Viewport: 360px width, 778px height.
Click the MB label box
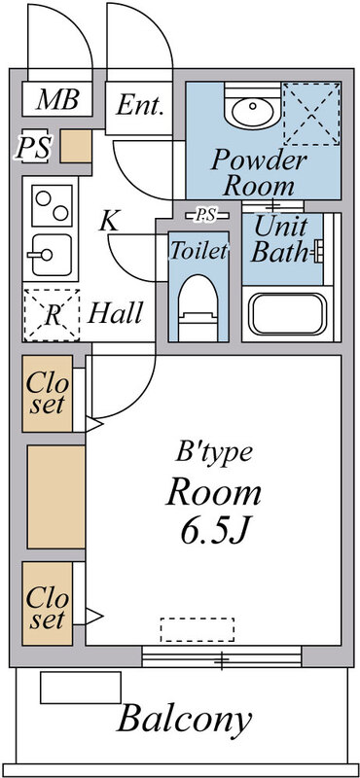(x=57, y=99)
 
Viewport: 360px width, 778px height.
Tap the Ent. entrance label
(x=141, y=106)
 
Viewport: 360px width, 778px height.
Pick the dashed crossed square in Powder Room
(x=310, y=114)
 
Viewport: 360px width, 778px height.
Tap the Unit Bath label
(x=280, y=240)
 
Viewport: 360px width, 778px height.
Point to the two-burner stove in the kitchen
(x=48, y=204)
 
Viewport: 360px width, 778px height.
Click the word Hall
(x=116, y=313)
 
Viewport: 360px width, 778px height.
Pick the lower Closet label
(x=48, y=606)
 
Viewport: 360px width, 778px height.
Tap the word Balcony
(x=185, y=721)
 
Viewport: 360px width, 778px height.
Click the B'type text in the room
(x=214, y=451)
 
